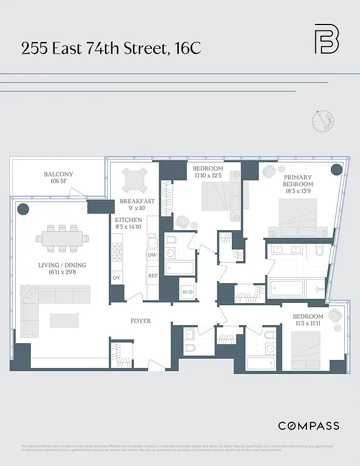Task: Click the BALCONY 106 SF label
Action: click(x=58, y=178)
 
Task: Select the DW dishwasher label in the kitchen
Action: click(x=152, y=255)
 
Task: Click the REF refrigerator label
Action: click(x=153, y=276)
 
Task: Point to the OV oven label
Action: click(x=117, y=277)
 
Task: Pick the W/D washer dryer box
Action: click(x=188, y=291)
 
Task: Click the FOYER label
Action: click(x=140, y=321)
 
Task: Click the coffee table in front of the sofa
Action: click(x=64, y=320)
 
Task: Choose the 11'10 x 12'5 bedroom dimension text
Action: click(x=208, y=175)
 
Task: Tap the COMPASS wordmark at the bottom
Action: click(x=308, y=426)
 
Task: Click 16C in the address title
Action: click(x=187, y=49)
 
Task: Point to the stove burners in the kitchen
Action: click(x=116, y=252)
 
